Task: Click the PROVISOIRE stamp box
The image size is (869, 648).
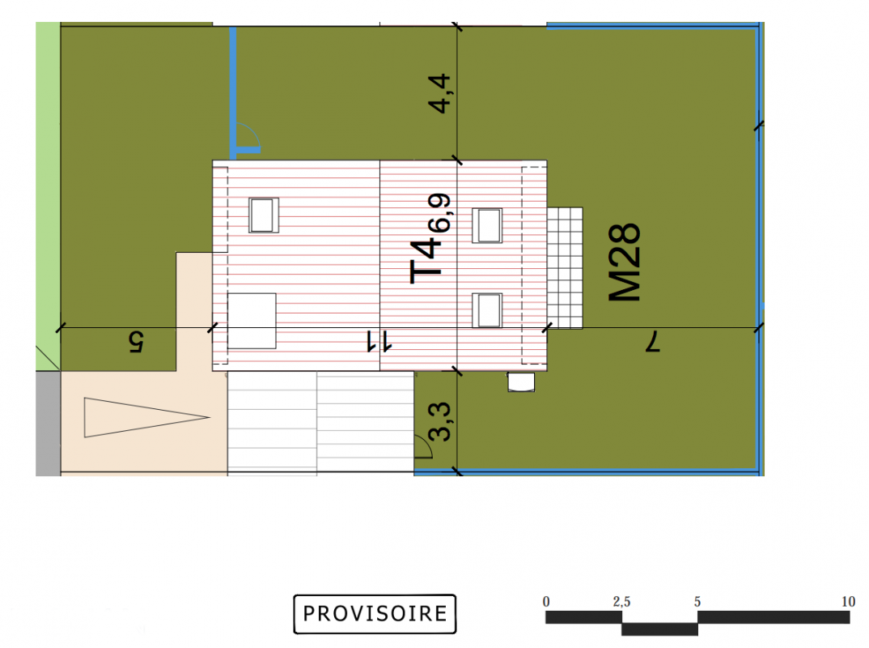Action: pyautogui.click(x=375, y=614)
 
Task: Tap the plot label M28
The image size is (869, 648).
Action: pyautogui.click(x=625, y=262)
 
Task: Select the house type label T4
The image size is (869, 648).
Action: pyautogui.click(x=426, y=262)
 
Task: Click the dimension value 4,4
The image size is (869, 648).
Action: pyautogui.click(x=440, y=93)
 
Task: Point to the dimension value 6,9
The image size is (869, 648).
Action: pyautogui.click(x=439, y=212)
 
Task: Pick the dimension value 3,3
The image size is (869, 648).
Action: pyautogui.click(x=440, y=422)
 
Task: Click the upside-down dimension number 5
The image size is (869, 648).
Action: pyautogui.click(x=136, y=342)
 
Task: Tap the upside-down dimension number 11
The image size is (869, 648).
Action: pyautogui.click(x=379, y=341)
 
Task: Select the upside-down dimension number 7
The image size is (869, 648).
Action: pyautogui.click(x=653, y=341)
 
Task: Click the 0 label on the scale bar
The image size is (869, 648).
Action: pyautogui.click(x=546, y=601)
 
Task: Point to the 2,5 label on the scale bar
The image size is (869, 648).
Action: pyautogui.click(x=622, y=602)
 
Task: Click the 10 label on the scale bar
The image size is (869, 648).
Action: pyautogui.click(x=849, y=601)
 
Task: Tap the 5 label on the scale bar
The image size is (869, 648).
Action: pyautogui.click(x=697, y=601)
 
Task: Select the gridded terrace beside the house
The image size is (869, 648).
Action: pyautogui.click(x=565, y=268)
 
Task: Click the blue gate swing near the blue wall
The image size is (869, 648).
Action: pyautogui.click(x=249, y=136)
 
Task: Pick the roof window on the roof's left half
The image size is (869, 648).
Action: pyautogui.click(x=263, y=215)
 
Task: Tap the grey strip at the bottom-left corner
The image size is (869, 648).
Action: pyautogui.click(x=49, y=424)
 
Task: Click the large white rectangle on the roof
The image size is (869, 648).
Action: pyautogui.click(x=252, y=321)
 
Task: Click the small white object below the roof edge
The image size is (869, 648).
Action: pyautogui.click(x=521, y=382)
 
